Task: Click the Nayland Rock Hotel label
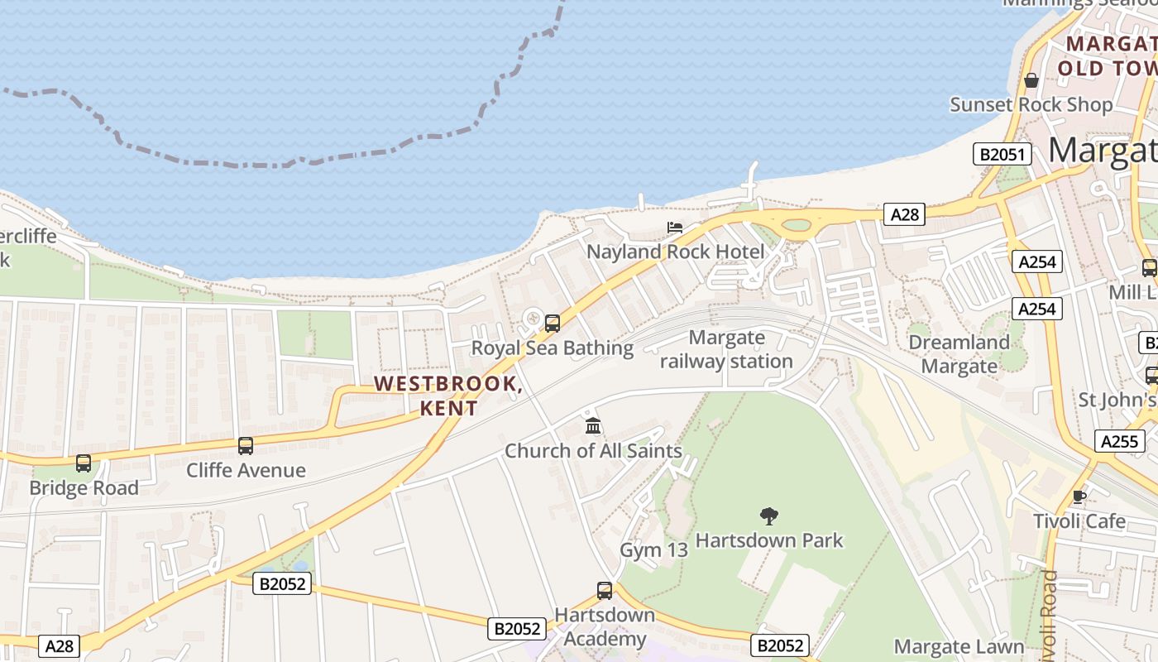[x=676, y=251]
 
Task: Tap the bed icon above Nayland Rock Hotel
[x=675, y=227]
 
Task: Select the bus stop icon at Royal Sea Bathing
[x=553, y=324]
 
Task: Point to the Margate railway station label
[x=726, y=349]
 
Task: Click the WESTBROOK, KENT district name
[x=447, y=396]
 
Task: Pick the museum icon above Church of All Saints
[x=593, y=426]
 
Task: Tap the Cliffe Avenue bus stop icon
[x=246, y=446]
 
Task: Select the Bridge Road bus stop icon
[x=84, y=463]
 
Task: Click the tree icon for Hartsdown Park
[x=769, y=516]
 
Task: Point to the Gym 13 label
[x=653, y=549]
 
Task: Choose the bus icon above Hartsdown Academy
[x=605, y=591]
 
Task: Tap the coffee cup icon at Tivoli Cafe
[x=1079, y=496]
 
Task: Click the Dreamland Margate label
[x=959, y=353]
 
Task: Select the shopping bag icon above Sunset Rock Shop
[x=1031, y=80]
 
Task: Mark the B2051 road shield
[x=1002, y=154]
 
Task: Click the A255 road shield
[x=1119, y=441]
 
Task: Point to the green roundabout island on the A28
[x=796, y=224]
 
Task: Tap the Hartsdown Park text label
[x=768, y=540]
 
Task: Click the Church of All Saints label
[x=593, y=451]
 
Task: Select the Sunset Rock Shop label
[x=1031, y=104]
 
